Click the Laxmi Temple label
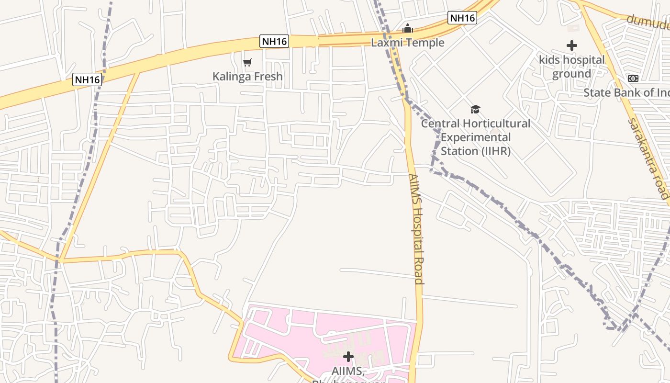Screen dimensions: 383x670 (408, 43)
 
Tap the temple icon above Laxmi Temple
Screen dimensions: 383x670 (408, 29)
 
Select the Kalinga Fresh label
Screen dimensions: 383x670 (247, 76)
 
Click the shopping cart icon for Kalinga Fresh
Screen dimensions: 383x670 (247, 62)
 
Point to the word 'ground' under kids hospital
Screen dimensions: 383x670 (571, 74)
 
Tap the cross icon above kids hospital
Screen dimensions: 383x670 (571, 46)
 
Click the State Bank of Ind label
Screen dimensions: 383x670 (626, 92)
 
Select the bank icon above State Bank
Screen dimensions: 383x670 (633, 79)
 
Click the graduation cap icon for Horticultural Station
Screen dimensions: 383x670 (475, 109)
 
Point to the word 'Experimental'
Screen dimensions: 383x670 (475, 137)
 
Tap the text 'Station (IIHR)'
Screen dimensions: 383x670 (475, 151)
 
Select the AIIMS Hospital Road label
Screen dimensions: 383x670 (416, 229)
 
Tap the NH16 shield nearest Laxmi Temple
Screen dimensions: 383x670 (462, 18)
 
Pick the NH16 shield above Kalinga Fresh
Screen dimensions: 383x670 (275, 42)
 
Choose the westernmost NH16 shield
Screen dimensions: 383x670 (87, 79)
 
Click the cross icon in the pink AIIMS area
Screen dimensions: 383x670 (348, 357)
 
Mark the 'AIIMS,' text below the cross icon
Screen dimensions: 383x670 (348, 371)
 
